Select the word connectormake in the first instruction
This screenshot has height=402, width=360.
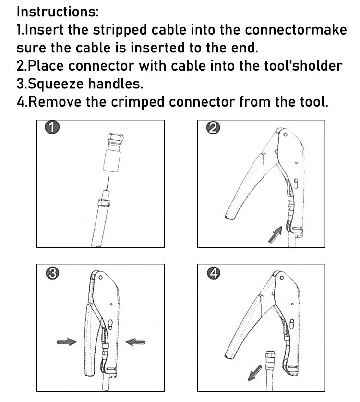pyautogui.click(x=296, y=30)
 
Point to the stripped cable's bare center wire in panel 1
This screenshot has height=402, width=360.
pyautogui.click(x=108, y=184)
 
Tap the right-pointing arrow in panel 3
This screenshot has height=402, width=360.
pyautogui.click(x=66, y=341)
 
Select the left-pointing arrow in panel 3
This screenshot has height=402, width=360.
pyautogui.click(x=135, y=341)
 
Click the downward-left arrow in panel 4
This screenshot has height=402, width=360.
pyautogui.click(x=255, y=372)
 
